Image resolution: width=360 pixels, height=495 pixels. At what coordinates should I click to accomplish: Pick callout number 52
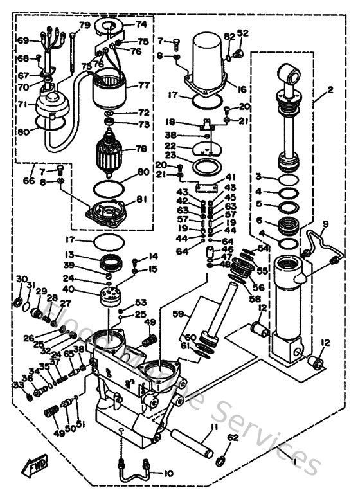point(242,33)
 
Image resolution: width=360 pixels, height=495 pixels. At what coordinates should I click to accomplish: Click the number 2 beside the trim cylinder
point(330,90)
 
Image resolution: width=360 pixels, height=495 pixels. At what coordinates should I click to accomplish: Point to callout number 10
point(168,474)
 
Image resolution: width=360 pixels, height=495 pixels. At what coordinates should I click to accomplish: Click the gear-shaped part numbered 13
point(111,264)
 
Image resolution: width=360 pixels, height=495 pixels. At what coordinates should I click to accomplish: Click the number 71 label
point(22,103)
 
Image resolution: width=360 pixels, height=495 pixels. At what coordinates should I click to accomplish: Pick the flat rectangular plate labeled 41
point(208,186)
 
